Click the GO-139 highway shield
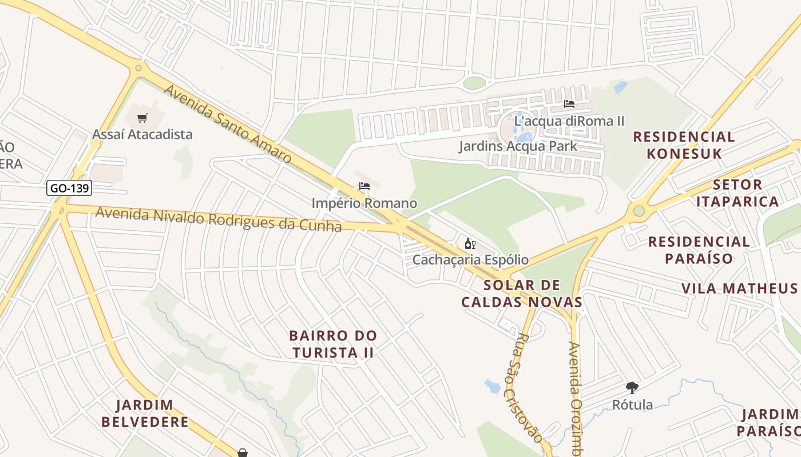69,188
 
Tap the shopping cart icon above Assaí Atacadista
142,118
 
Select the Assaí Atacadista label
142,135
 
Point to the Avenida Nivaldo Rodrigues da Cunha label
219,219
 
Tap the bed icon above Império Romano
364,186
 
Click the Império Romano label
364,203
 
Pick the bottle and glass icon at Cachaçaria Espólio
470,244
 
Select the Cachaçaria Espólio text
470,260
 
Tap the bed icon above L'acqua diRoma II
569,104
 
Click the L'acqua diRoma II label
569,121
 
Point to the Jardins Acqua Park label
518,146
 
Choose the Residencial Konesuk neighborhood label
684,145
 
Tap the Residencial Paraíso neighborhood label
699,250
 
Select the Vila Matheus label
739,288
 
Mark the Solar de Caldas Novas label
522,294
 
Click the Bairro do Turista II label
333,344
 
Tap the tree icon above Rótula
632,388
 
